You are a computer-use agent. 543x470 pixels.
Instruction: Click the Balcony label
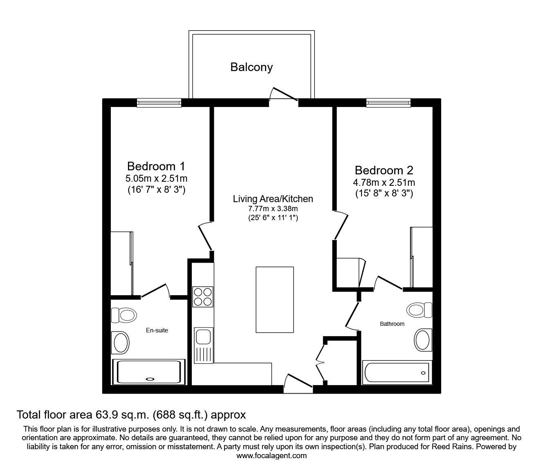click(x=251, y=67)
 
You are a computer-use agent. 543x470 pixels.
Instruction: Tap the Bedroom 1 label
click(x=156, y=167)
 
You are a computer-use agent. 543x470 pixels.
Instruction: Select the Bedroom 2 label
click(x=384, y=170)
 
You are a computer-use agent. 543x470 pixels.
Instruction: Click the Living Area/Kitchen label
click(x=273, y=199)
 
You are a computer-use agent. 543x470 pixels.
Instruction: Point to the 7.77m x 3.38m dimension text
click(x=273, y=209)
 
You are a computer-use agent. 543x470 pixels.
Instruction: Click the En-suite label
click(x=157, y=330)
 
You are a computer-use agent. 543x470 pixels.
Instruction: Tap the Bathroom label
click(x=392, y=324)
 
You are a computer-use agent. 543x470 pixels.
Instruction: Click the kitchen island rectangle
click(x=275, y=300)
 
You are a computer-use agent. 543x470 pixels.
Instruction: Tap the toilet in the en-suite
click(x=124, y=315)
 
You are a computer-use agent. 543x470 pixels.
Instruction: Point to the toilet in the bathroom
click(x=420, y=309)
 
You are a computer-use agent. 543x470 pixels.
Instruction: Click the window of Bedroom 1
click(x=159, y=102)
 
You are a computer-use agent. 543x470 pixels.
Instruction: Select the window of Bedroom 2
click(x=388, y=102)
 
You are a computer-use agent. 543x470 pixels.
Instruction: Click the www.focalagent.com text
click(x=271, y=456)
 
